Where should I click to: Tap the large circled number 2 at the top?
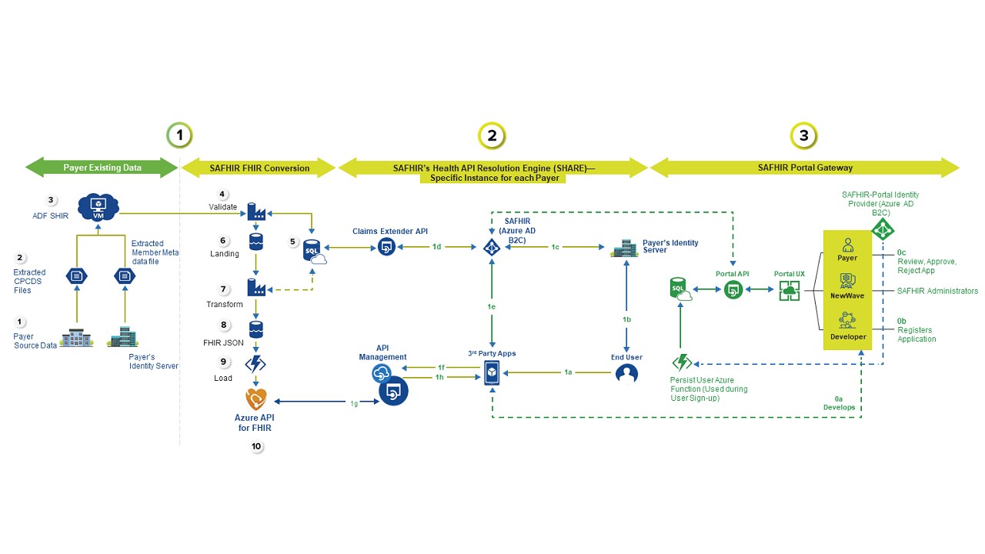(492, 137)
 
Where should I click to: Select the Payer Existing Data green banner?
(102, 168)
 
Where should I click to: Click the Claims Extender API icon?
(386, 247)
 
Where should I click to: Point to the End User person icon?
(627, 374)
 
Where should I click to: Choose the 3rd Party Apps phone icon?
(492, 374)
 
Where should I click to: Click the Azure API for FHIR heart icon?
(255, 399)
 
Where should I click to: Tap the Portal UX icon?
(790, 290)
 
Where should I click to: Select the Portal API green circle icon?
(733, 290)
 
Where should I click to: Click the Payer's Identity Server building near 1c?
(623, 248)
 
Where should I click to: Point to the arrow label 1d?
(436, 247)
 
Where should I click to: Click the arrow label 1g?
(354, 403)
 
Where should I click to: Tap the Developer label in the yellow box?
(847, 336)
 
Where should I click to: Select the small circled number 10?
(256, 446)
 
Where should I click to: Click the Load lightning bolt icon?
(255, 364)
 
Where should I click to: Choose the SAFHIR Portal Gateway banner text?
(804, 168)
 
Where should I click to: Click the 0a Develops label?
(839, 402)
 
